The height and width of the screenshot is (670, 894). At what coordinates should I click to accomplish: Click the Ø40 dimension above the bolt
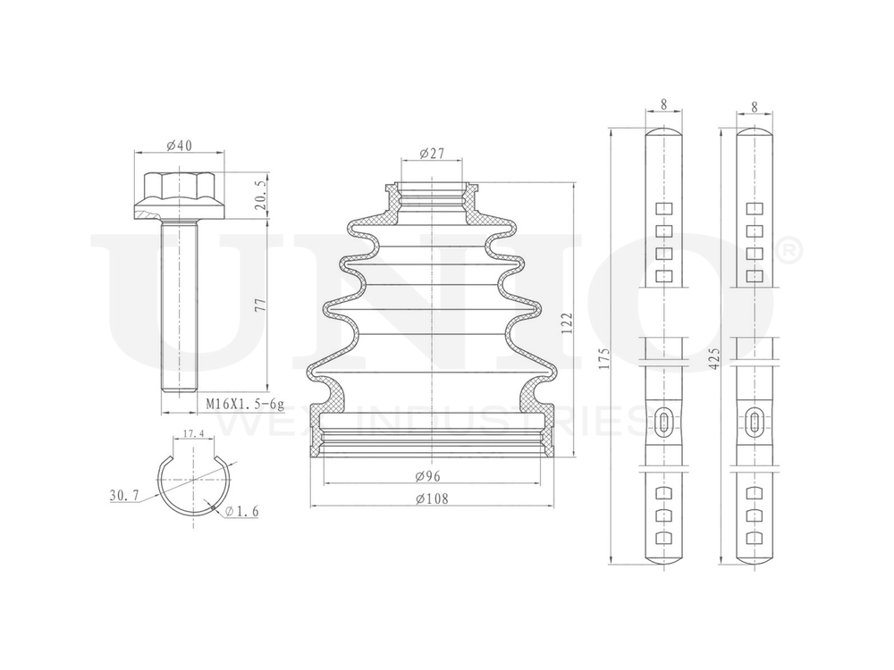tap(180, 146)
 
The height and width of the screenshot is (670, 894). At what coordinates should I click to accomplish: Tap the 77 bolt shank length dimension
tap(260, 304)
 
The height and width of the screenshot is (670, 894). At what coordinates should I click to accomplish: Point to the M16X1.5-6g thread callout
tap(245, 404)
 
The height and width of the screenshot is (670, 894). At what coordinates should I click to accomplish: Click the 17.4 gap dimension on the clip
tap(193, 433)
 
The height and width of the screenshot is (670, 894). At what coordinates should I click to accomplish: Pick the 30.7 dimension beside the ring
tap(124, 496)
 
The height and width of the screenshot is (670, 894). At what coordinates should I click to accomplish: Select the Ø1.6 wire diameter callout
tap(241, 511)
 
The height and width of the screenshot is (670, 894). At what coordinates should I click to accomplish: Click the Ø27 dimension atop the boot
tap(432, 154)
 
